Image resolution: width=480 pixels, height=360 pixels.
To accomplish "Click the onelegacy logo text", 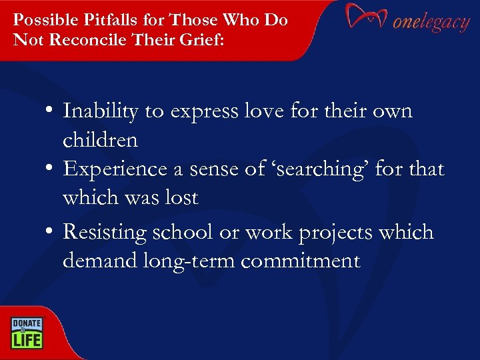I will [x=431, y=22].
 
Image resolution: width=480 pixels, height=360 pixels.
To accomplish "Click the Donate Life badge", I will [x=26, y=332].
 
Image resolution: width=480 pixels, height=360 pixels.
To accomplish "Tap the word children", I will [x=100, y=140].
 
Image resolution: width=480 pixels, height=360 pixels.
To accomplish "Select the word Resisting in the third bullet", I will [x=105, y=233].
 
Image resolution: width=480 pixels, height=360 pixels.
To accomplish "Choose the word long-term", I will [x=189, y=261].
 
